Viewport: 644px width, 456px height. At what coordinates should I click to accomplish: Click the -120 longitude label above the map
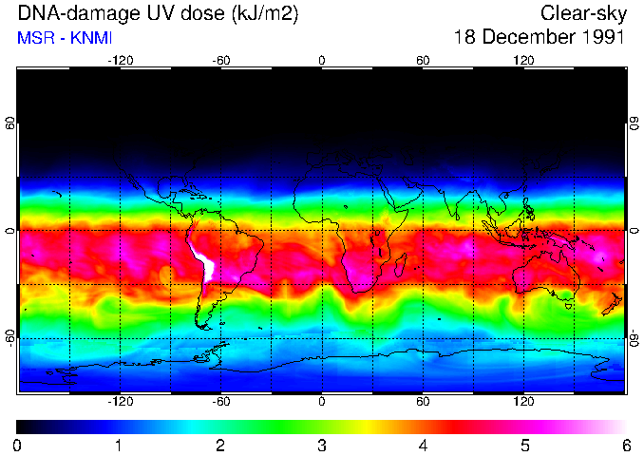coord(120,60)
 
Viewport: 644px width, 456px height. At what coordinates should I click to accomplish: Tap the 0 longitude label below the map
coord(322,402)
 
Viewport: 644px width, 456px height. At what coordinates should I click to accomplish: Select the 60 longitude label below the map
coord(423,402)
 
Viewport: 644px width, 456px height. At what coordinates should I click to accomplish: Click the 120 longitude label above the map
coord(523,60)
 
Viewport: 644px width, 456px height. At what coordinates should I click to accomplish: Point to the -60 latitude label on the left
coord(10,337)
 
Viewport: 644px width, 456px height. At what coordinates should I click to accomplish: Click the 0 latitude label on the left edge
coord(10,231)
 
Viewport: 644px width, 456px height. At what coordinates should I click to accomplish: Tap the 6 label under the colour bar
coord(625,445)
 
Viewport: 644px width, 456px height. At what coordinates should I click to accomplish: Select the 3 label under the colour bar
coord(321,445)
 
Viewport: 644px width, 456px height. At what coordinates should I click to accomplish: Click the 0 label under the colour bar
coord(18,445)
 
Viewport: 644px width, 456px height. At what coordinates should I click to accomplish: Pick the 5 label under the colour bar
coord(524,445)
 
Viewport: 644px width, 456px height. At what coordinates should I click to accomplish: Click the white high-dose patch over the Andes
coord(204,263)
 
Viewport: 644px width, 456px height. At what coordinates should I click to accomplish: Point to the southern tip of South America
coord(202,325)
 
